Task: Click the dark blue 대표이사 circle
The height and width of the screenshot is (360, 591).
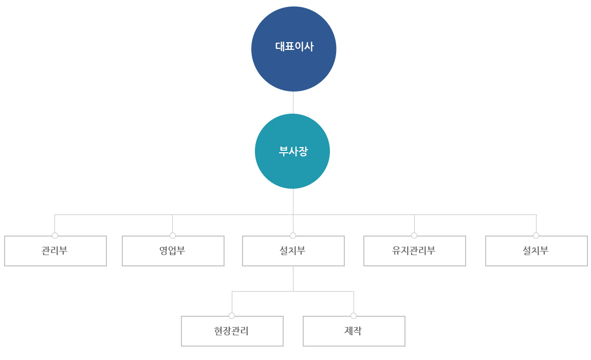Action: pos(293,49)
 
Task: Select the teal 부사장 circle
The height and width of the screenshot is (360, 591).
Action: pos(292,151)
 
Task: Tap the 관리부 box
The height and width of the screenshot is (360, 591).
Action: pos(56,251)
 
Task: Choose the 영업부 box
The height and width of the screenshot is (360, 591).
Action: pos(173,251)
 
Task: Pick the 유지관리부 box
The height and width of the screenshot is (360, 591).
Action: pos(415,251)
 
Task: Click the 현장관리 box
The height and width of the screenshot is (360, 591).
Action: pos(232,331)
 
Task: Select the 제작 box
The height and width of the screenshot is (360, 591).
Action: pos(354,331)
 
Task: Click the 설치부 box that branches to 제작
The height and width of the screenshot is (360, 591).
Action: pos(293,251)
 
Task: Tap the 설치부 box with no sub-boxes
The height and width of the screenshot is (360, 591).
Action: pos(537,251)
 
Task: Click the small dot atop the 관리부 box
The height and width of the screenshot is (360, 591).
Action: pos(55,236)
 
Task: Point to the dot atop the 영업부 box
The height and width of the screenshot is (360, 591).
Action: pos(173,236)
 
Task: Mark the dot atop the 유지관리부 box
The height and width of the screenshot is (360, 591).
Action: pos(414,236)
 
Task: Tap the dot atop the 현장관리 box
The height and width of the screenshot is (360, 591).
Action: pos(232,316)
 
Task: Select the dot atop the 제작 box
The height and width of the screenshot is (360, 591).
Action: pos(354,316)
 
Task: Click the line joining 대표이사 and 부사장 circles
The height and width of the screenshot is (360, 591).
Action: pos(293,103)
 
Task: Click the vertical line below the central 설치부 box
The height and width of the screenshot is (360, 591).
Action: pos(293,279)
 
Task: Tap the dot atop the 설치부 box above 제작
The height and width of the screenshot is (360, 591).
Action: pos(293,236)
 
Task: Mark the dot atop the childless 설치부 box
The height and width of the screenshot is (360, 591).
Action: pos(536,236)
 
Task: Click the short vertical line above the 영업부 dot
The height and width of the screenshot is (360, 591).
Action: pos(173,224)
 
